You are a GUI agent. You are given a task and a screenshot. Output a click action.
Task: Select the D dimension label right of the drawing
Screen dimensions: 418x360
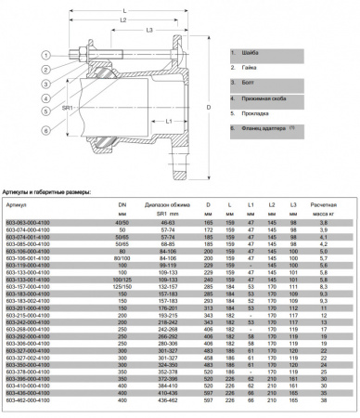pos(205,110)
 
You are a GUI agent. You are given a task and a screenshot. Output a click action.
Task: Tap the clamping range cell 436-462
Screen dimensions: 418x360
pos(168,411)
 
